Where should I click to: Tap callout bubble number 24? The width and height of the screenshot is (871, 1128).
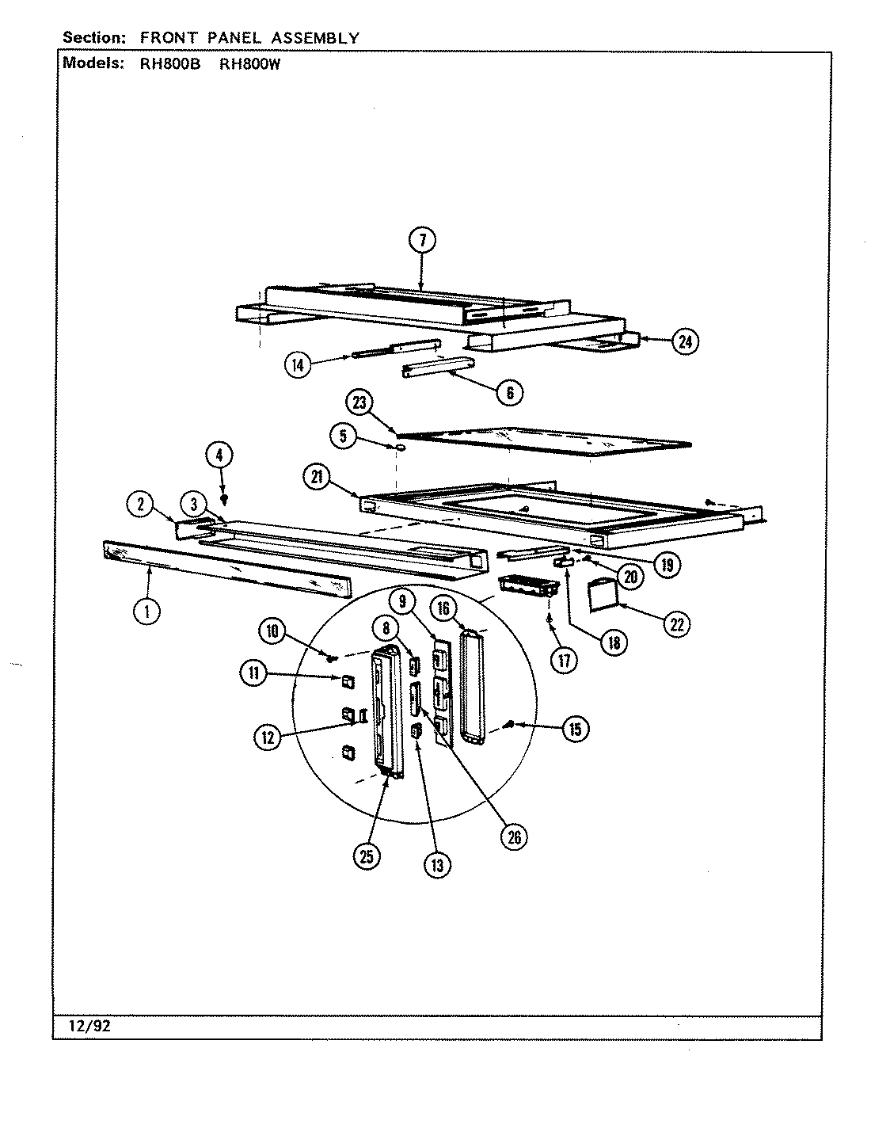685,341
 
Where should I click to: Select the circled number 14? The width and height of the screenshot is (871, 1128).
298,365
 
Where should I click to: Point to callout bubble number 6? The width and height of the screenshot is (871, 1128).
509,392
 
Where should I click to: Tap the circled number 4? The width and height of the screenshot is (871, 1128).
219,455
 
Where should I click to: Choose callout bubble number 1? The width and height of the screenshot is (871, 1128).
147,611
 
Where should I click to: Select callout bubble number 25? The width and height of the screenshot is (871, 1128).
367,856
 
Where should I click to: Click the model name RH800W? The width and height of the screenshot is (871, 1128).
249,66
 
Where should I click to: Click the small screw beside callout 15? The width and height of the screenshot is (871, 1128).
511,723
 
